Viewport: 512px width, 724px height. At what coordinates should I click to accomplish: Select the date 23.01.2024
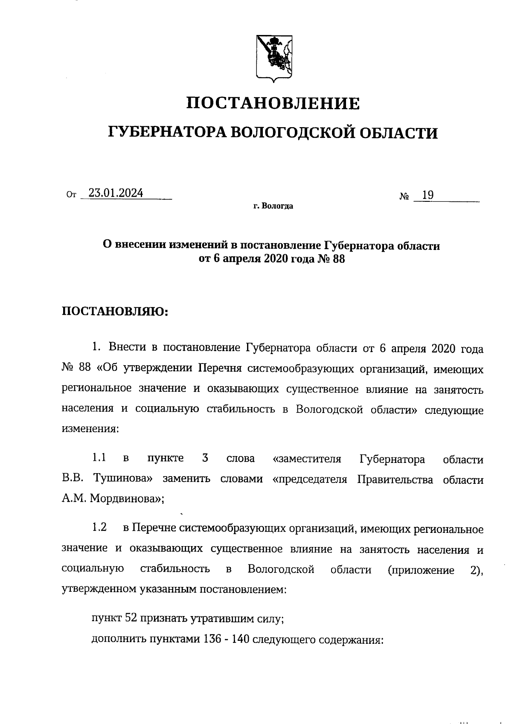[116, 193]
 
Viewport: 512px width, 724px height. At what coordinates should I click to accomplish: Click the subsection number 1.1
[99, 459]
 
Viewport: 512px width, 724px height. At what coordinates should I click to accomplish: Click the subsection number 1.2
[99, 528]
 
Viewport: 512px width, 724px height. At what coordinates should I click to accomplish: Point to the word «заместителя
[306, 459]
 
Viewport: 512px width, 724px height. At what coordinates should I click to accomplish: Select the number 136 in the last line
[211, 639]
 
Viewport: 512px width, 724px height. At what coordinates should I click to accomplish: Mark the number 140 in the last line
[237, 639]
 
